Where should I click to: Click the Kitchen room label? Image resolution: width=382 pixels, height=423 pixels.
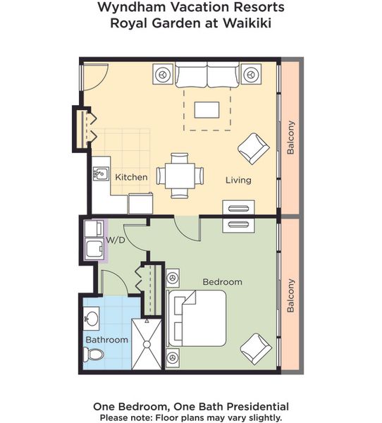(x=131, y=177)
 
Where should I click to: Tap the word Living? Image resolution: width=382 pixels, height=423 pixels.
(x=238, y=180)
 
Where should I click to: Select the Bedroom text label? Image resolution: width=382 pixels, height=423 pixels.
(x=223, y=282)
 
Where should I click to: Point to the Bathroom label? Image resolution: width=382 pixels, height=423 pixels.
(x=107, y=340)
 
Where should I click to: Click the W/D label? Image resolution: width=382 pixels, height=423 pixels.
(x=116, y=240)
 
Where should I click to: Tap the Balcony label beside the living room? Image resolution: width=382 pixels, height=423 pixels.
(x=290, y=137)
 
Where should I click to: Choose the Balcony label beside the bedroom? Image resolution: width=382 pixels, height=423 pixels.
(x=290, y=295)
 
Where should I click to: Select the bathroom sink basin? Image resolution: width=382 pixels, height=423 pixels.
(x=91, y=319)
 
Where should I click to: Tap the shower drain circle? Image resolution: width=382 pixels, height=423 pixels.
(x=147, y=345)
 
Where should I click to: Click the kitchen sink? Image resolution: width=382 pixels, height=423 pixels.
(x=101, y=173)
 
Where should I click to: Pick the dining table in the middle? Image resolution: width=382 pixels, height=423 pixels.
(x=180, y=176)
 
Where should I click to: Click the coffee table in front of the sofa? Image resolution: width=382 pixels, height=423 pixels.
(x=207, y=110)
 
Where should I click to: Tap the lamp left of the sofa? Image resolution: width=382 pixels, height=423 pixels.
(x=163, y=74)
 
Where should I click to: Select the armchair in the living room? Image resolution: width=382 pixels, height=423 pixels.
(x=254, y=148)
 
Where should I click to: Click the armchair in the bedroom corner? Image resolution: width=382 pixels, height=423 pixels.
(x=256, y=348)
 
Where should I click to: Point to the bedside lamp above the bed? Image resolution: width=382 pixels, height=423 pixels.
(x=173, y=278)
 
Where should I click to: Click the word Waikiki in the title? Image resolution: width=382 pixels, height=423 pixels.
(x=247, y=23)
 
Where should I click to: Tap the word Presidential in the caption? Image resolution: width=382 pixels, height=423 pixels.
(x=258, y=406)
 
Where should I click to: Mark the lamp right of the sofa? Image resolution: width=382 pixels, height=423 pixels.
(x=251, y=74)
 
